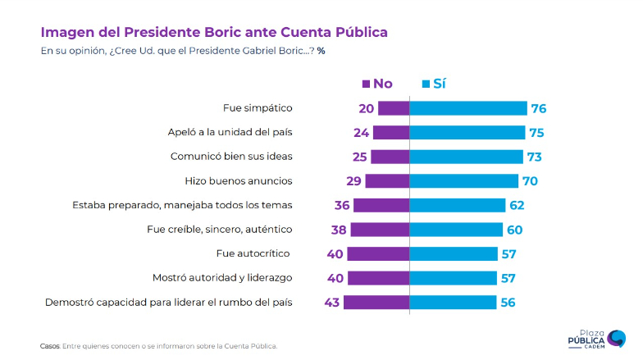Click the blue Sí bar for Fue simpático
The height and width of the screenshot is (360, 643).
[467, 108]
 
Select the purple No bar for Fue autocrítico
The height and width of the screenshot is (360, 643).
[378, 253]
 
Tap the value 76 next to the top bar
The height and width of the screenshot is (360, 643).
[538, 108]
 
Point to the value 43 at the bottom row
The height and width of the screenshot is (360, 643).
[331, 303]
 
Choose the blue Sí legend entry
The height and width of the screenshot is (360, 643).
[435, 83]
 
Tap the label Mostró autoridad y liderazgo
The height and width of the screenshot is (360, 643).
[222, 278]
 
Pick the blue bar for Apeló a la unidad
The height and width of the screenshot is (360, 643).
[467, 132]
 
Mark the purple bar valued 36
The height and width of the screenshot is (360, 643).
[381, 205]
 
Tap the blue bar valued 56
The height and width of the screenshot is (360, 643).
[453, 303]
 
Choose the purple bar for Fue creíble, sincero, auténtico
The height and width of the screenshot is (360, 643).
[380, 230]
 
